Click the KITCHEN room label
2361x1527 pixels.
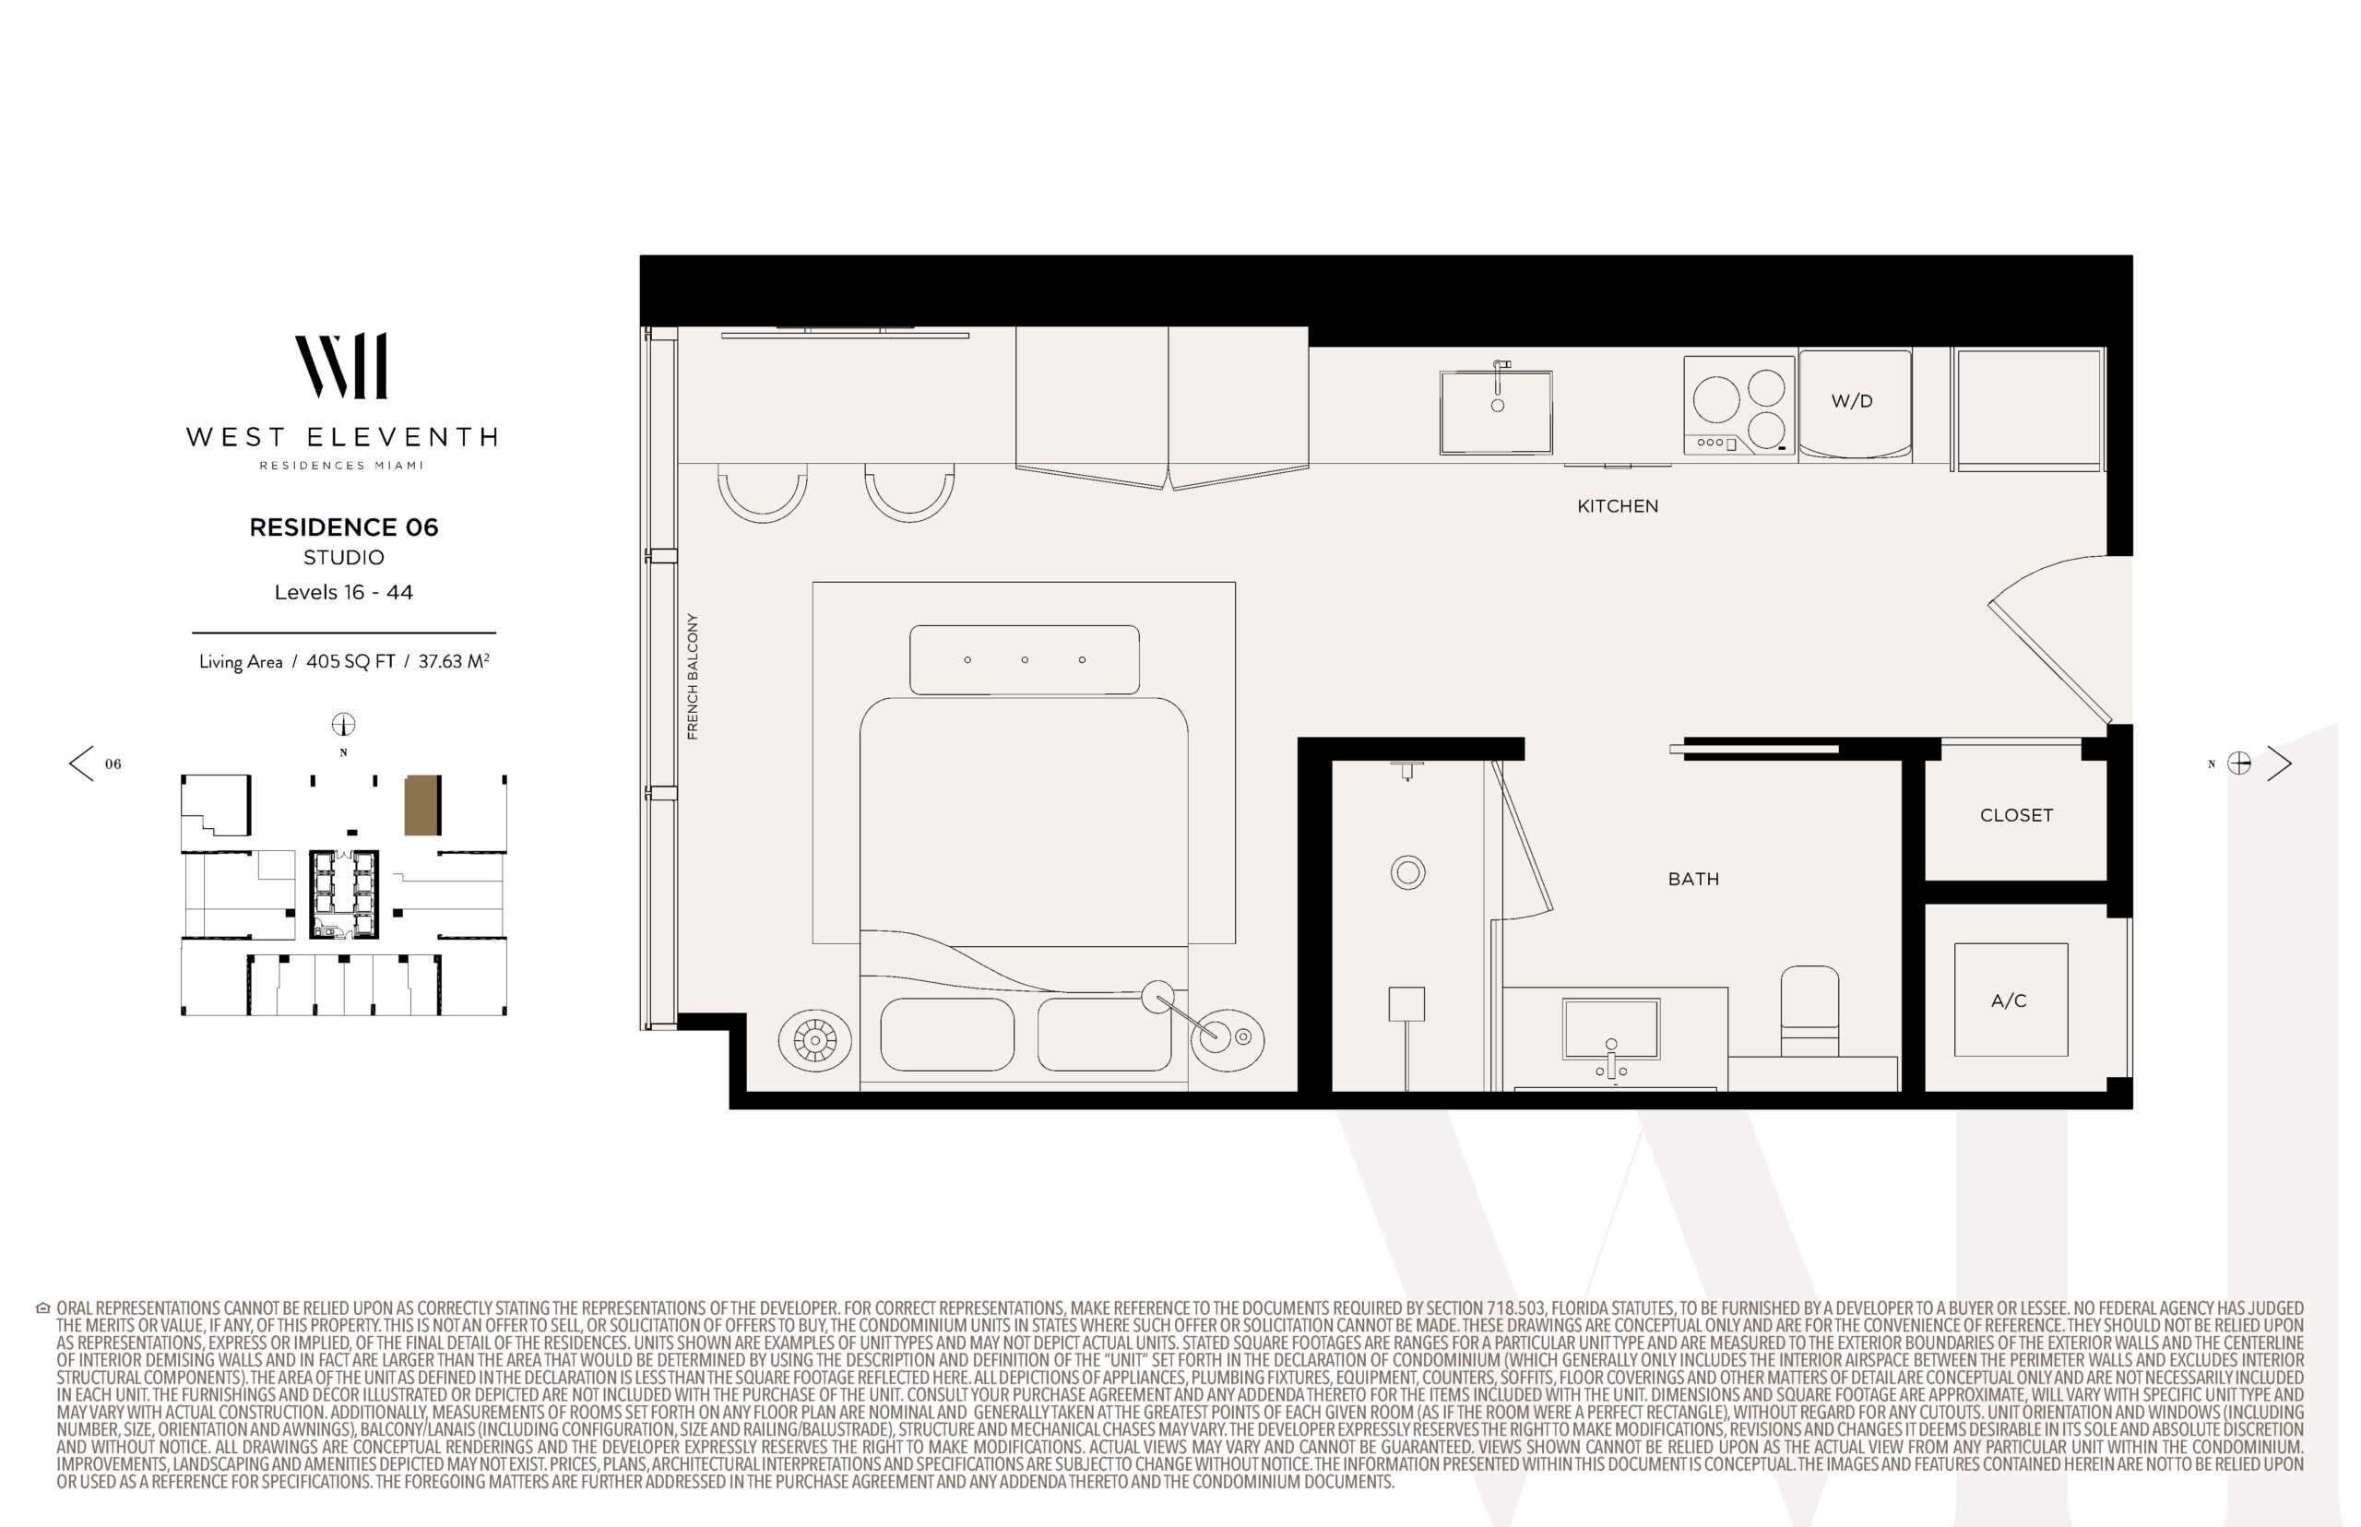(1618, 505)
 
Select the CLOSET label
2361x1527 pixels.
(2016, 815)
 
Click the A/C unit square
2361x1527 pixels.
(2011, 1000)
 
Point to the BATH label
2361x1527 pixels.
(1693, 879)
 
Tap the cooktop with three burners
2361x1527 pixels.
(1739, 406)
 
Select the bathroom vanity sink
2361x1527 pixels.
(1610, 1030)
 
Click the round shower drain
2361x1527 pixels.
(1408, 872)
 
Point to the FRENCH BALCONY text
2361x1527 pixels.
(692, 676)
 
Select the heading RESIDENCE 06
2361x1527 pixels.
(343, 527)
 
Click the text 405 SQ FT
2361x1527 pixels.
(350, 661)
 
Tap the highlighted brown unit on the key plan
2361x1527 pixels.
(422, 805)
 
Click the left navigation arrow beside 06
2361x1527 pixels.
(81, 763)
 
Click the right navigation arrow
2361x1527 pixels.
(2280, 763)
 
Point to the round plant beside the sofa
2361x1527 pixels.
(815, 1040)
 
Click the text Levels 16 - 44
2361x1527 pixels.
(343, 592)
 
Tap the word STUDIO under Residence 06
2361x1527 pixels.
(343, 557)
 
